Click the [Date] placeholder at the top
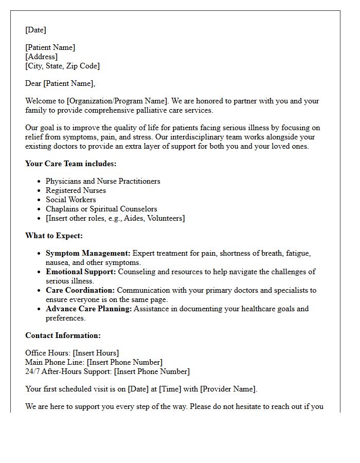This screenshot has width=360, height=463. (x=35, y=30)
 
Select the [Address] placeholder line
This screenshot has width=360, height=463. (x=41, y=57)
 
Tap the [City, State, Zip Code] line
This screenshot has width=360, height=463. (x=62, y=66)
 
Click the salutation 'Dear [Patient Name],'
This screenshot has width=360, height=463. (x=60, y=83)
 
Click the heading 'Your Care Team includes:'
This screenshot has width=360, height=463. (x=71, y=164)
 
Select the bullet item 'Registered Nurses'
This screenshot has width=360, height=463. (x=76, y=190)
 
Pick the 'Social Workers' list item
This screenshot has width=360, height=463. (x=70, y=200)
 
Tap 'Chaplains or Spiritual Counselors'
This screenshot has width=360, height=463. (x=101, y=209)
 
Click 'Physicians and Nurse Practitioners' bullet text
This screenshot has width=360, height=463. (x=103, y=181)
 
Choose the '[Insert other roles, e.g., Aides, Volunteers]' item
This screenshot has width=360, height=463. (x=115, y=218)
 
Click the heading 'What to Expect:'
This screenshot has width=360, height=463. (x=54, y=236)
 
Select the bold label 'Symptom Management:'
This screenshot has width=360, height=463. (x=88, y=253)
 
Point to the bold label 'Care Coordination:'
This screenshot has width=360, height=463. (x=80, y=290)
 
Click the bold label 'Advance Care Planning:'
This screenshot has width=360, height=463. (x=89, y=309)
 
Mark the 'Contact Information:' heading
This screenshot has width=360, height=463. (x=63, y=335)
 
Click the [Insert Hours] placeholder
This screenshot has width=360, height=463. (x=96, y=353)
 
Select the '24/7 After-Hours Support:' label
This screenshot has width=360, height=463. (x=68, y=371)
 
